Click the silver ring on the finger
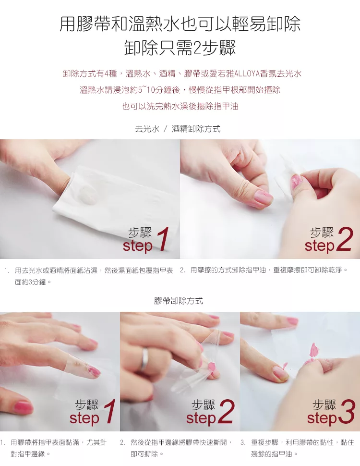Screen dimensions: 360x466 pos(145,359)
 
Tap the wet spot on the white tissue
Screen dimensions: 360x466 pos(88,195)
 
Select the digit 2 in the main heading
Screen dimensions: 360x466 pos(197,48)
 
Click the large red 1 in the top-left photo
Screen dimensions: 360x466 pos(163,239)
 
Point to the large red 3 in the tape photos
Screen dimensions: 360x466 pos(347,412)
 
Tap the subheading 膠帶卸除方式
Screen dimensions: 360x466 pos(179,301)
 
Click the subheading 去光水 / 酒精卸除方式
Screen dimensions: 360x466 pos(178,129)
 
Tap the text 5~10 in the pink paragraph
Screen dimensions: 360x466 pos(147,90)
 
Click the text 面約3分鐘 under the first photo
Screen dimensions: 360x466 pos(31,282)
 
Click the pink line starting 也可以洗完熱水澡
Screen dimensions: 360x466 pos(180,106)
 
